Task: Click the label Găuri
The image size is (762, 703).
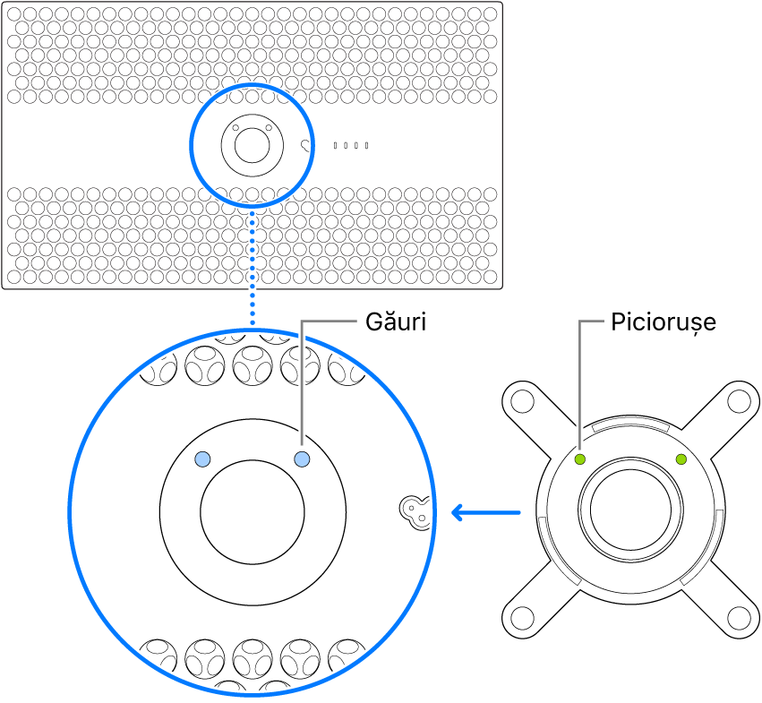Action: pos(395,321)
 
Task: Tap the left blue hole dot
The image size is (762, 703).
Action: pos(203,459)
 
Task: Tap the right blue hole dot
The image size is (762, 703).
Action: pos(302,459)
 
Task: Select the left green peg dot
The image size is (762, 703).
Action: pos(579,459)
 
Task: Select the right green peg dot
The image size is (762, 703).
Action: pos(681,459)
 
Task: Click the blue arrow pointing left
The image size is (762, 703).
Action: pos(484,513)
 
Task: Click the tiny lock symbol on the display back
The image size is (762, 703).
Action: pos(307,145)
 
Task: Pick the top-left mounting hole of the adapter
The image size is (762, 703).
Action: pos(518,396)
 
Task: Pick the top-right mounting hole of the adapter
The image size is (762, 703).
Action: pos(740,396)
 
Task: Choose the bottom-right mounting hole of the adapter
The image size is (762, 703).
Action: pos(740,617)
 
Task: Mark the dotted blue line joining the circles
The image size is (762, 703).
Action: pos(253,264)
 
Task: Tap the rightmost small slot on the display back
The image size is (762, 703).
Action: pos(366,145)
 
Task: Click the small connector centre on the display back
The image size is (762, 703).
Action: pos(252,143)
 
